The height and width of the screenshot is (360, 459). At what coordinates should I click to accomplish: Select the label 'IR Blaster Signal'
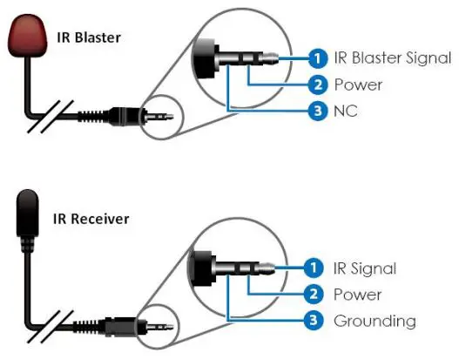pyautogui.click(x=393, y=58)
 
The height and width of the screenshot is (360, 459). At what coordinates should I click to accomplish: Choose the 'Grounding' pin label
pyautogui.click(x=375, y=321)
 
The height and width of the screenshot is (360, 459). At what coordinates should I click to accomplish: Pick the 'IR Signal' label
pyautogui.click(x=365, y=268)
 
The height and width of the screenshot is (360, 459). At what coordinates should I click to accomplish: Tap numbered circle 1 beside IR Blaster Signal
pyautogui.click(x=319, y=58)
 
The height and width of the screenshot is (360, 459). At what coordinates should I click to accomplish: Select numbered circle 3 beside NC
pyautogui.click(x=319, y=111)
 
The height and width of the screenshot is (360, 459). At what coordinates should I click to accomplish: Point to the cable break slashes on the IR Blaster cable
pyautogui.click(x=49, y=114)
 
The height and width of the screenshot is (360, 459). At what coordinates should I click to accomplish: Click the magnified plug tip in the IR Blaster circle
pyautogui.click(x=272, y=58)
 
